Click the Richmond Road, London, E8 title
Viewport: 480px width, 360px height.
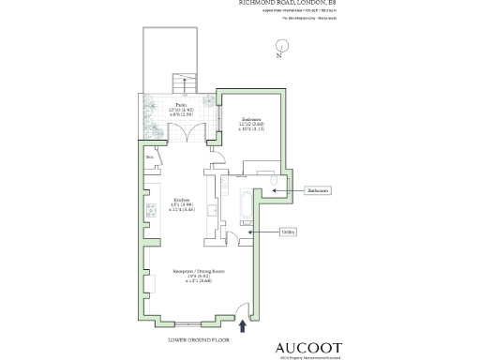(286, 5)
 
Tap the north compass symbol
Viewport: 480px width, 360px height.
(279, 47)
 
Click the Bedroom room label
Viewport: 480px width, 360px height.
(252, 122)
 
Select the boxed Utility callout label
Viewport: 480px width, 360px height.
(289, 232)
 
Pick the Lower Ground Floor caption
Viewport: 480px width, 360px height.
(192, 339)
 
